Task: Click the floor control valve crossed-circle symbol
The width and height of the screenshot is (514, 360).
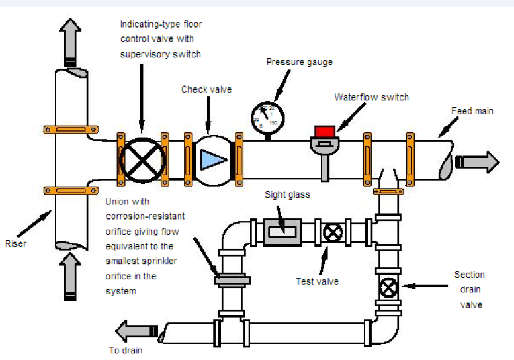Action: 142,159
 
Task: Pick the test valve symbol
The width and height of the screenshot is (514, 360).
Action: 332,232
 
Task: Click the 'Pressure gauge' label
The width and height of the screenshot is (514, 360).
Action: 299,62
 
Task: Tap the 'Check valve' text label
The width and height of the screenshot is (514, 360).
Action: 206,89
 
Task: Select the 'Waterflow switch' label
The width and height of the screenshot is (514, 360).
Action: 372,97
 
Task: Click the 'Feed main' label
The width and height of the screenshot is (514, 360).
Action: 473,111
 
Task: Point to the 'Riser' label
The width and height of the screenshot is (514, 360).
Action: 16,243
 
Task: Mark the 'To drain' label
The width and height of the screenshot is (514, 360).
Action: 126,350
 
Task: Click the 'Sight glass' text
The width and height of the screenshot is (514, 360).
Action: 287,195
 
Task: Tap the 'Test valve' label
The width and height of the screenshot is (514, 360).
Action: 317,280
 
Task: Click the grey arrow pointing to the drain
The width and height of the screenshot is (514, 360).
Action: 136,330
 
